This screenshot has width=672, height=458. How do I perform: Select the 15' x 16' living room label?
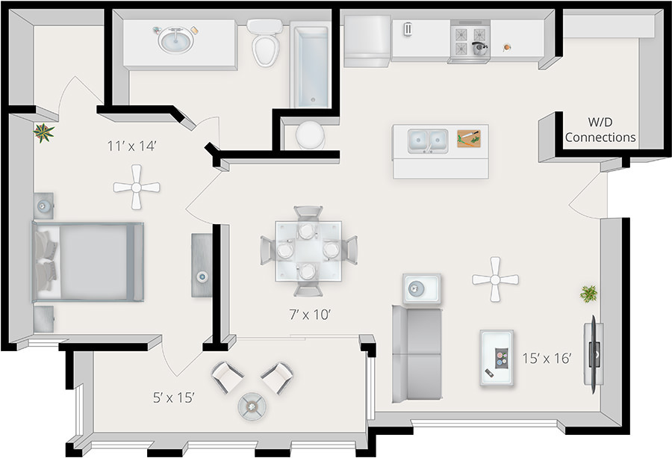pyautogui.click(x=547, y=359)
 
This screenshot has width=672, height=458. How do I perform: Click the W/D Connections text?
pyautogui.click(x=600, y=129)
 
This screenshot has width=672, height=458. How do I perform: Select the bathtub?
pyautogui.click(x=310, y=66)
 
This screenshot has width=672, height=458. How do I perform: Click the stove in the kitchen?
pyautogui.click(x=469, y=42)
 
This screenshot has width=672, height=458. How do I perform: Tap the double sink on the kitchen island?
pyautogui.click(x=427, y=140)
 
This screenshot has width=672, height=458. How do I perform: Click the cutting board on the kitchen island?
pyautogui.click(x=469, y=137)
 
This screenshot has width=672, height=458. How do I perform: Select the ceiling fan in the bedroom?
pyautogui.click(x=137, y=187)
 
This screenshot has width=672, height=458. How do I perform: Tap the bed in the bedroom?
pyautogui.click(x=87, y=262)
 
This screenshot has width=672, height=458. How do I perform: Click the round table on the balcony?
pyautogui.click(x=251, y=406)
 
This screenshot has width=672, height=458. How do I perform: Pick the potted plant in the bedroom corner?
pyautogui.click(x=44, y=133)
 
